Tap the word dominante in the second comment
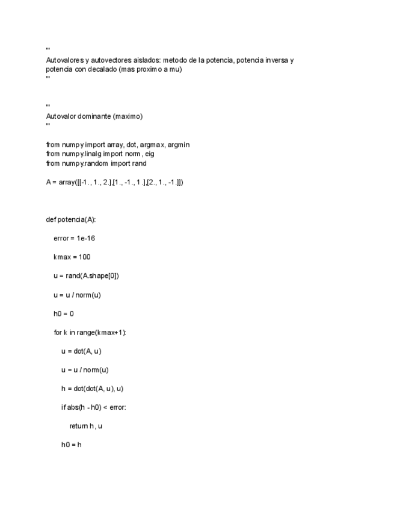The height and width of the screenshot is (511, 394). tap(92, 116)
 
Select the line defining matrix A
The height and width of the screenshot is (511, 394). tap(114, 182)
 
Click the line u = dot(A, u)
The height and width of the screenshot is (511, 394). tap(85, 351)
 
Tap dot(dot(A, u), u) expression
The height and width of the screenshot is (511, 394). tap(103, 389)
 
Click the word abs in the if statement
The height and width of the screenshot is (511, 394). tap(73, 407)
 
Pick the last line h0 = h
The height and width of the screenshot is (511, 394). tap(71, 445)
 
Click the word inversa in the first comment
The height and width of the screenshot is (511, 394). tap(274, 60)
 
